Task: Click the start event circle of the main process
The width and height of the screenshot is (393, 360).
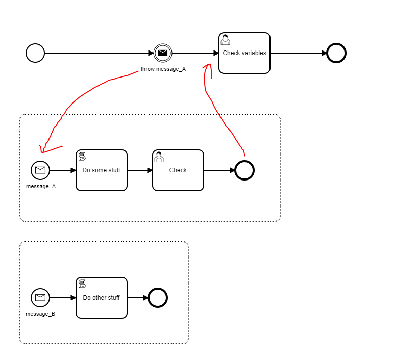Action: click(x=35, y=53)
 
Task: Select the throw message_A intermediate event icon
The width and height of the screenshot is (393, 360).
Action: click(x=163, y=53)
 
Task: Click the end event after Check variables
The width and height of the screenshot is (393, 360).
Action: click(x=336, y=53)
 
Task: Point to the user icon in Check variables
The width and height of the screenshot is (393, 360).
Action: click(x=225, y=40)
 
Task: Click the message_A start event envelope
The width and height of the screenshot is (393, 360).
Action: click(x=40, y=170)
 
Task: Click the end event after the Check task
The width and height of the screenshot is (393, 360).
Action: click(x=244, y=170)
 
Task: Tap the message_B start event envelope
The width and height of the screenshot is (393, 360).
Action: click(x=40, y=298)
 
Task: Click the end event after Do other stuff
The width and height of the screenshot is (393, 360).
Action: click(x=158, y=298)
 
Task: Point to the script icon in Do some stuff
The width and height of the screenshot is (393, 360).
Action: click(x=82, y=157)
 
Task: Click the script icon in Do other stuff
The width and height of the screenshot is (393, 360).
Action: click(x=82, y=284)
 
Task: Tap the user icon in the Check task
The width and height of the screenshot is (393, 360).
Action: click(x=159, y=157)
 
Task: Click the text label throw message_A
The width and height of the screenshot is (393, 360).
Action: click(x=163, y=69)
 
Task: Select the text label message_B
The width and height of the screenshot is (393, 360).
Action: click(x=40, y=314)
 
